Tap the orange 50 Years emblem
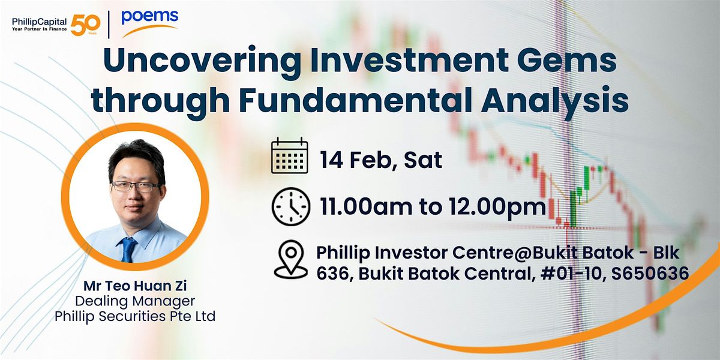85,25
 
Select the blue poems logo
150,23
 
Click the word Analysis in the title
555,101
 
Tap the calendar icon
290,155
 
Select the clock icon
291,206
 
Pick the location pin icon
291,259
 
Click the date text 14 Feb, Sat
381,160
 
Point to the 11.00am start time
366,206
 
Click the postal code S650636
650,274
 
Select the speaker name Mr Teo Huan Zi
135,286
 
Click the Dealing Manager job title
135,301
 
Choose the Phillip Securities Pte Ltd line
135,316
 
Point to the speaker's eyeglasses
137,186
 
